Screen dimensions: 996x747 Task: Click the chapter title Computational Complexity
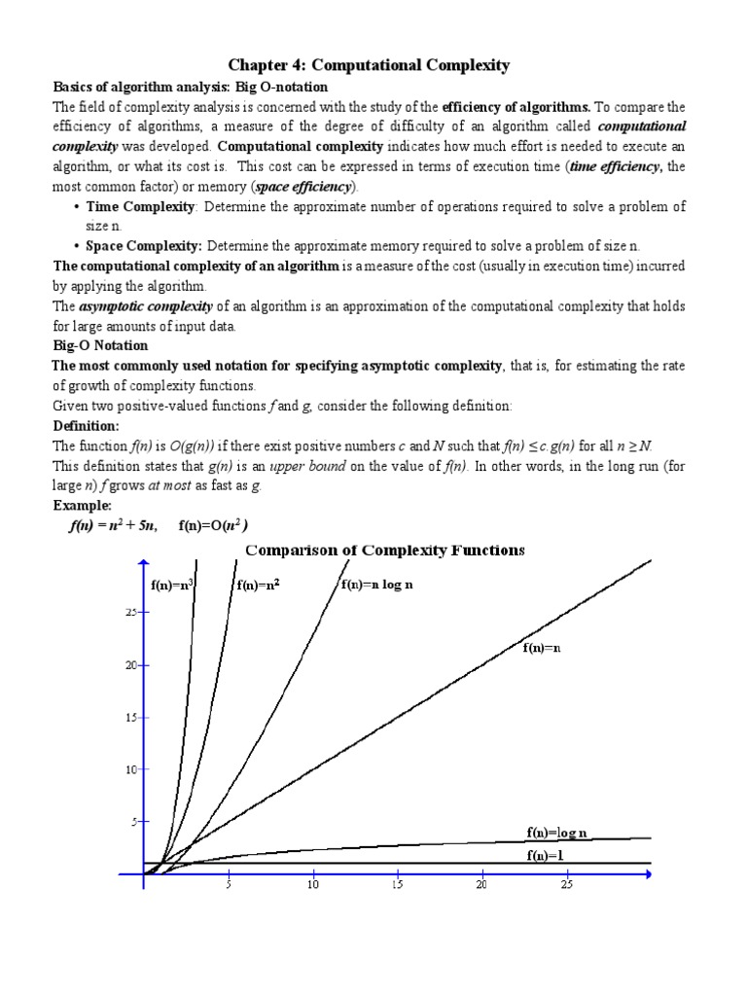pos(369,65)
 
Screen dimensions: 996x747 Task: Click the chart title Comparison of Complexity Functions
pos(384,550)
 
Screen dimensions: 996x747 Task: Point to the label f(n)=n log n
pos(377,586)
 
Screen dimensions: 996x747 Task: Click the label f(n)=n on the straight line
pos(542,648)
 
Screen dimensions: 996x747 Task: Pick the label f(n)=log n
pos(559,833)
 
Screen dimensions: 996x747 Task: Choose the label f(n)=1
pos(546,855)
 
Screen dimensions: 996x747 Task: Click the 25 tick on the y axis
pos(130,612)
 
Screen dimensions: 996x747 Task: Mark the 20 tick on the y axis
pos(130,664)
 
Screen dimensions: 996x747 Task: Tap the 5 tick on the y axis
pos(134,822)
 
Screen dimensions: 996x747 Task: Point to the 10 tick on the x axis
pos(312,885)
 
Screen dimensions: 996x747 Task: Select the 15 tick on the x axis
pos(397,885)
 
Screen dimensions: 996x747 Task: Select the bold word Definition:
pos(85,426)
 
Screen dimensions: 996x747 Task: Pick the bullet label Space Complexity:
pos(144,246)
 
